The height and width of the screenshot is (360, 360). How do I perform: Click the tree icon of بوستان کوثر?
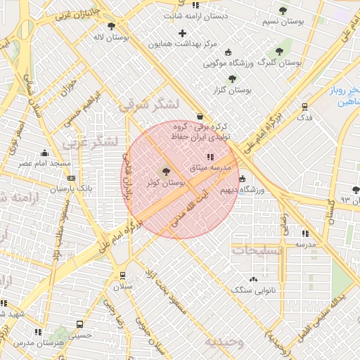[x=167, y=171]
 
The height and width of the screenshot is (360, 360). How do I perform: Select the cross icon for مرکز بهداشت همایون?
[x=183, y=33]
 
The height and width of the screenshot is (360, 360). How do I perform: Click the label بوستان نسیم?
[x=283, y=22]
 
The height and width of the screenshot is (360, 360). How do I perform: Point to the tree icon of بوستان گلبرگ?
[x=279, y=52]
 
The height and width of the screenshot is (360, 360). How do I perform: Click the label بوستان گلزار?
[x=232, y=90]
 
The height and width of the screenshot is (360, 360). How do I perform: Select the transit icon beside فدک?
[x=304, y=107]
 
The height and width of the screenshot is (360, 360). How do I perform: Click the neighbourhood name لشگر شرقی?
[x=149, y=105]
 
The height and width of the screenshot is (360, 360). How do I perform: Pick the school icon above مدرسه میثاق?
[x=209, y=156]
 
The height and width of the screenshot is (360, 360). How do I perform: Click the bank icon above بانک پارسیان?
[x=70, y=179]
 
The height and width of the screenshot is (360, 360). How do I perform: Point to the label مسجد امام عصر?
[x=46, y=163]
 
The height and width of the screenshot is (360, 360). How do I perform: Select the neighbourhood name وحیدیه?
[x=224, y=342]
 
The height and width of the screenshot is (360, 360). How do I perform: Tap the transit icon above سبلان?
[x=122, y=276]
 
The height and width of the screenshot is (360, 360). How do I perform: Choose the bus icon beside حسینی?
[x=80, y=325]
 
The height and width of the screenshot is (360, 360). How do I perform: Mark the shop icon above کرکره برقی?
[x=201, y=116]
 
